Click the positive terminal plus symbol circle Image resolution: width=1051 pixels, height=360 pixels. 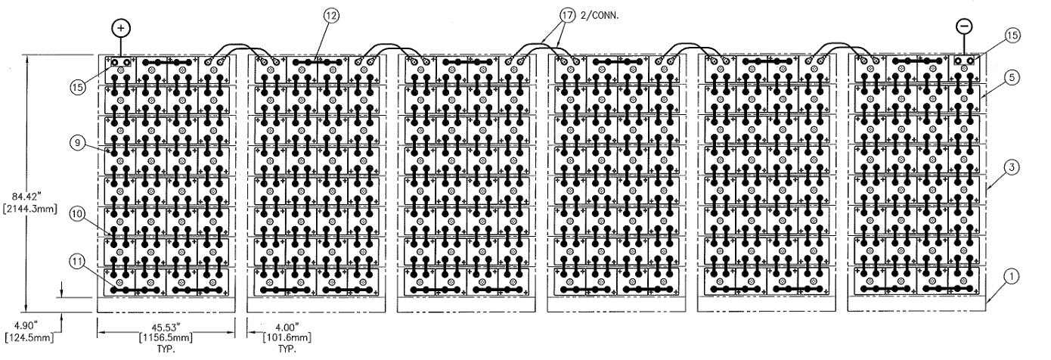[122, 28]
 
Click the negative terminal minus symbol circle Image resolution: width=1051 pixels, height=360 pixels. [964, 26]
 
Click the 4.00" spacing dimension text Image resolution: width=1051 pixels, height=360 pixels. [287, 327]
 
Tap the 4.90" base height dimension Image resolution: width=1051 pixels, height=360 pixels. [28, 327]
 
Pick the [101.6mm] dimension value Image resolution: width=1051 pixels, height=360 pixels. [287, 337]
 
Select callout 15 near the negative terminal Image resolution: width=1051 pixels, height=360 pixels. [1012, 36]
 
